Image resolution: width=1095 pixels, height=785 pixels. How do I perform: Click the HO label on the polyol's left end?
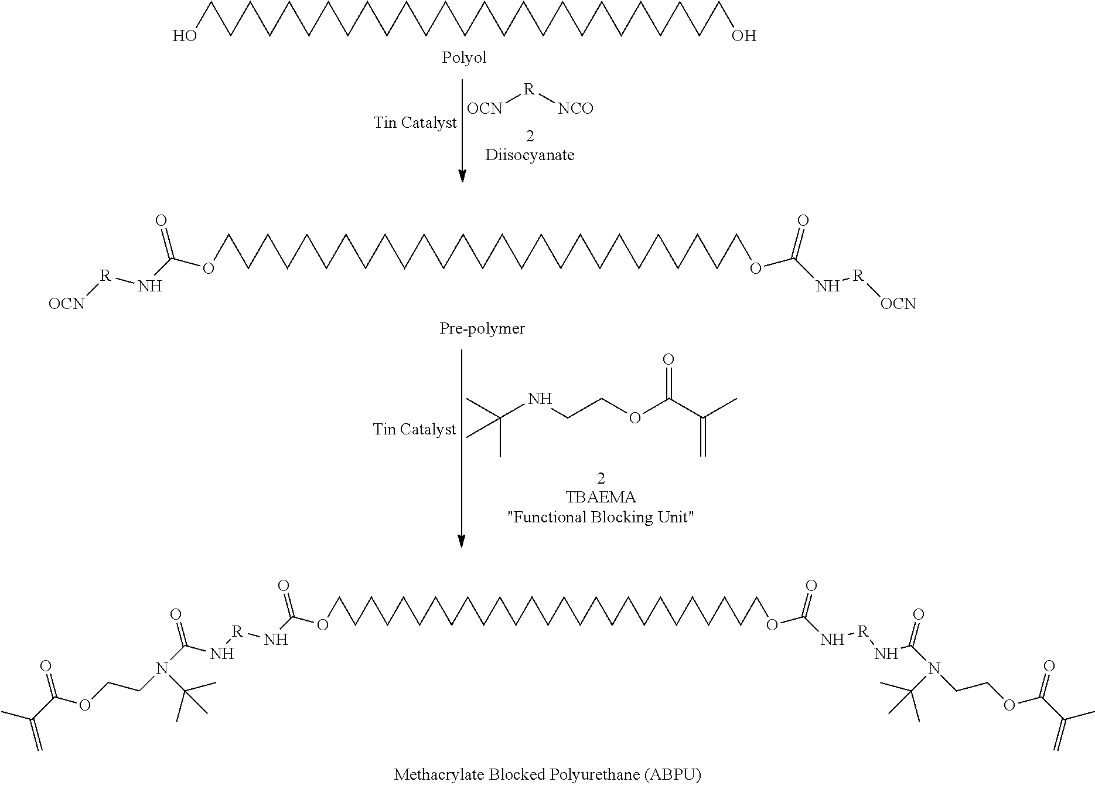(185, 36)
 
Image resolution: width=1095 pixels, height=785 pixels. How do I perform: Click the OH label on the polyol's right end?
(744, 36)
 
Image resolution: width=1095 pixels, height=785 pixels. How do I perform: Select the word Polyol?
(463, 58)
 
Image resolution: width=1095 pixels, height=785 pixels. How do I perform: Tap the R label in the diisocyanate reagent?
(529, 89)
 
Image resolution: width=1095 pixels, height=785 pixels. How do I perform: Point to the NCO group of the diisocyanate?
(575, 108)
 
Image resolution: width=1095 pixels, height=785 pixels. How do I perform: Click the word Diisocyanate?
(530, 155)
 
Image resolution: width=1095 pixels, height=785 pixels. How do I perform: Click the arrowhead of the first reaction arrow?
(462, 176)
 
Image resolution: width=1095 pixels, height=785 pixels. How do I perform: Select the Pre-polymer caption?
(482, 329)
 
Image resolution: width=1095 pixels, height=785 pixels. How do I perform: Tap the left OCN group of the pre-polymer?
(67, 304)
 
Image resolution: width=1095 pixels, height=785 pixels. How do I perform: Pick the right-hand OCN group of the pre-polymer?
(898, 304)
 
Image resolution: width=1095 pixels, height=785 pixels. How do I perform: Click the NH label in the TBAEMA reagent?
(540, 399)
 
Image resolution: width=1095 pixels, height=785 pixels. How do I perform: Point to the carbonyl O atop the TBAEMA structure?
(668, 359)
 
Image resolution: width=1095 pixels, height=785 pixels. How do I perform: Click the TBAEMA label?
(601, 497)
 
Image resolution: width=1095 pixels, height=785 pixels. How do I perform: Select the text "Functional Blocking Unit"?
(601, 518)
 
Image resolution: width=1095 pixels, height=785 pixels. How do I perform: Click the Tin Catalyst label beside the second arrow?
(415, 430)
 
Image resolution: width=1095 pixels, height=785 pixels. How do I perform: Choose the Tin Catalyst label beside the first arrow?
(415, 123)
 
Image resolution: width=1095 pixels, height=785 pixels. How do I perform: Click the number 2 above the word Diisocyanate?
(530, 136)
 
